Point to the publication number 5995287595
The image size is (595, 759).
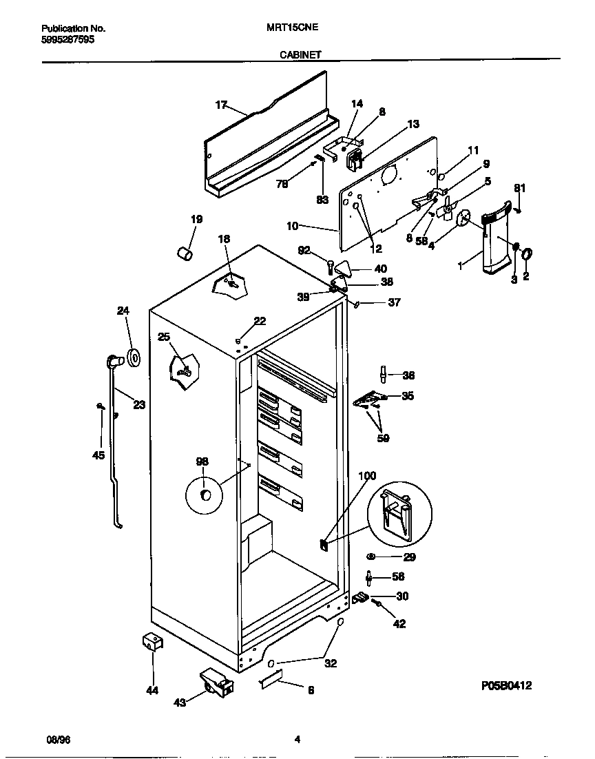[x=68, y=40]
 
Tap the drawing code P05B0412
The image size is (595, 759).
[x=506, y=686]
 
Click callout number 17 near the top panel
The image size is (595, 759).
[x=221, y=105]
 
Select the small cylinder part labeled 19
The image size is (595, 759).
[x=184, y=254]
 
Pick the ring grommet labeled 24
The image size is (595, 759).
[x=133, y=357]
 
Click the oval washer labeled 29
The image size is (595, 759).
[x=371, y=557]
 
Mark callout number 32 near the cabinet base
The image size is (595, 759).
[x=331, y=664]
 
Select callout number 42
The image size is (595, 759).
[x=399, y=624]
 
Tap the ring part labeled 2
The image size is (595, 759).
[x=528, y=256]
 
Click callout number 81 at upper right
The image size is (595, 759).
[x=520, y=188]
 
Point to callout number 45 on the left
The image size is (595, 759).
[x=99, y=455]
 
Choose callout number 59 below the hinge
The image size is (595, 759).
[x=383, y=438]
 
